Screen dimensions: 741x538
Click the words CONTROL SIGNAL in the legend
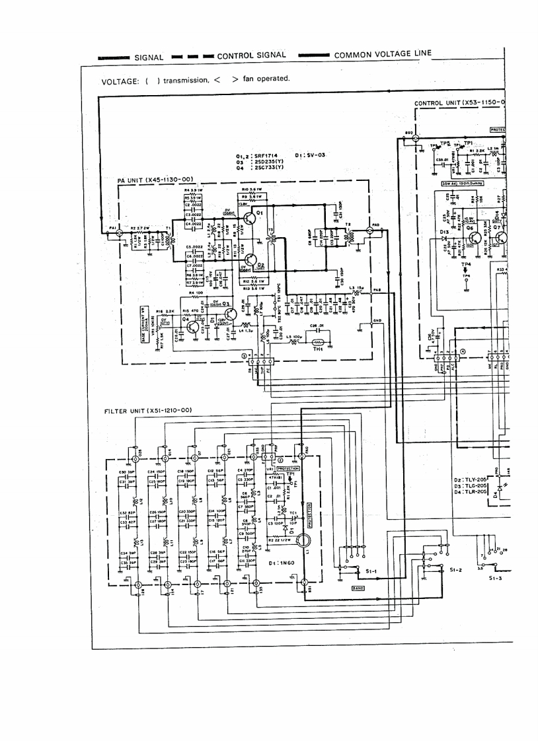pos(252,56)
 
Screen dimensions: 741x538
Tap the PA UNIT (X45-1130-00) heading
pos(155,178)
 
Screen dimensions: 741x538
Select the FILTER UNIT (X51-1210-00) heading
pos(148,410)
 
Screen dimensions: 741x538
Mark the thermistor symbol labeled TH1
pos(317,343)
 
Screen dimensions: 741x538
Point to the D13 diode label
pos(445,232)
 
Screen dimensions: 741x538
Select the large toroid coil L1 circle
pos(303,542)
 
